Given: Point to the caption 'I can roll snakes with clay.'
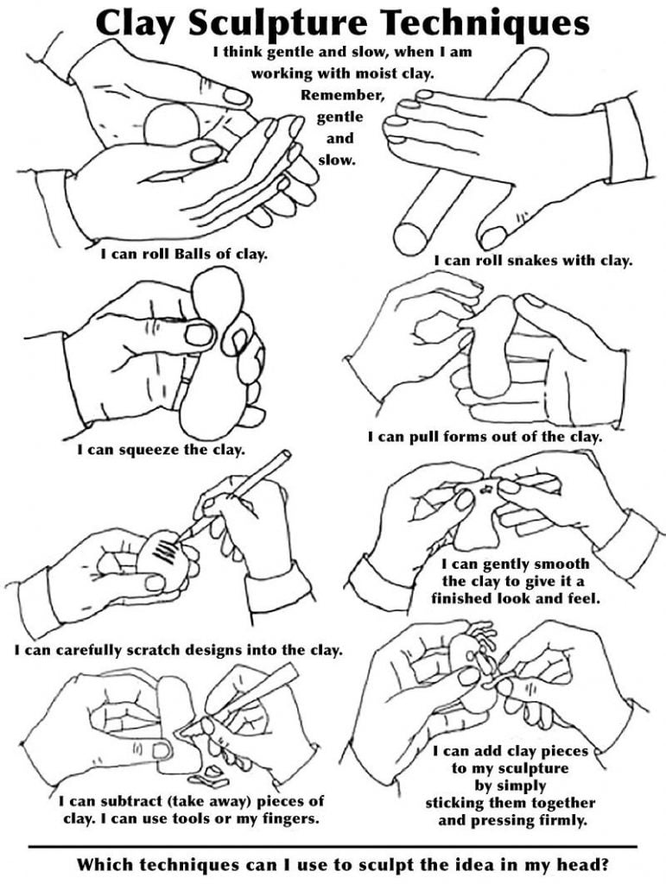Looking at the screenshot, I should coord(533,259).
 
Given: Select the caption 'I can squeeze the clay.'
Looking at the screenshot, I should coord(161,449).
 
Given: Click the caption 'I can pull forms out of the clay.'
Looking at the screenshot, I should coord(485,437).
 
